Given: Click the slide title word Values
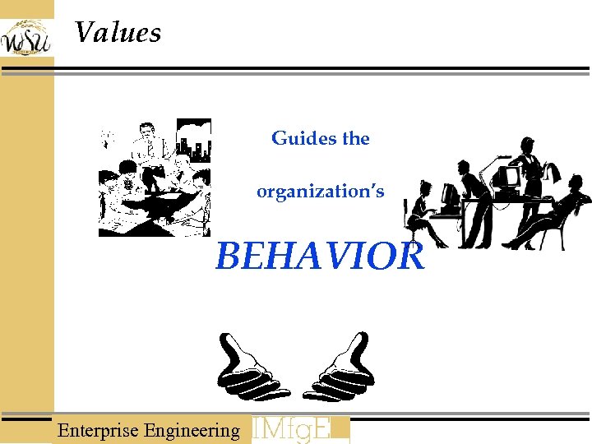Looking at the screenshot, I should [118, 33].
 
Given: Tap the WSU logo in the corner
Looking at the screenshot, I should [25, 37].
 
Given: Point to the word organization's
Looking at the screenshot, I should [320, 192].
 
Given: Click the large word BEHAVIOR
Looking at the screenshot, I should [320, 256].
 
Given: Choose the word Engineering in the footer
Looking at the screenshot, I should [192, 430].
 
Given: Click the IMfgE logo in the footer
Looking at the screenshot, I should [300, 429].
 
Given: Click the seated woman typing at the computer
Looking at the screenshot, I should [423, 214].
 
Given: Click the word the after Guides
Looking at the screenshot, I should [356, 139].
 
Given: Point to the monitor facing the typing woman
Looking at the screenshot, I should [450, 197].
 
